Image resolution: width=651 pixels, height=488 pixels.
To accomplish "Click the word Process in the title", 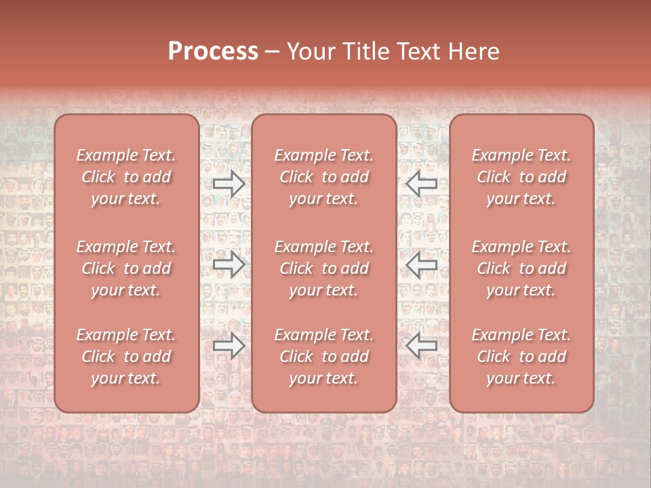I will tap(213, 52).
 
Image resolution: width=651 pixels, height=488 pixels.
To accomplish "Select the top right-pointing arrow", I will tap(229, 184).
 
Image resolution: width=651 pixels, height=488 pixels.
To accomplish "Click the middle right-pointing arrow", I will tap(229, 264).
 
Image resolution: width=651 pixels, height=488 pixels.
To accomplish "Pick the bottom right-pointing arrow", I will tap(229, 346).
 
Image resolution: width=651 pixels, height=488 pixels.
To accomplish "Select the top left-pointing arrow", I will tap(422, 184).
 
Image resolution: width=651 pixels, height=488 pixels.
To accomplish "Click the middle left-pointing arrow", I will tap(422, 264).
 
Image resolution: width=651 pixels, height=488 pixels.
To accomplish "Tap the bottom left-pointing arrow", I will tap(422, 346).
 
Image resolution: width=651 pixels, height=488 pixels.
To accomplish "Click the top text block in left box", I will tap(126, 177).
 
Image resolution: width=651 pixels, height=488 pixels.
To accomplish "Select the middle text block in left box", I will tap(126, 268).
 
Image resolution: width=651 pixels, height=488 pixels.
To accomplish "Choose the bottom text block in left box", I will tap(126, 357).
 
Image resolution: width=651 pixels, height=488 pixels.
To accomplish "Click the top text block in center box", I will tap(324, 177).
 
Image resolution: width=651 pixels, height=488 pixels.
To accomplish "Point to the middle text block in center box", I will tap(324, 268).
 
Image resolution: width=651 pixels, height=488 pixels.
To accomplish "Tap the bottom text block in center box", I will tap(324, 357).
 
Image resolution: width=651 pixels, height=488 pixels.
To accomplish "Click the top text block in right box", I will tap(521, 177).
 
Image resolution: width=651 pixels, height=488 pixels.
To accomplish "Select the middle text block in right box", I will tap(521, 268).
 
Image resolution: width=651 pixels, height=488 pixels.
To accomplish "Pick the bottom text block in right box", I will tap(521, 357).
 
